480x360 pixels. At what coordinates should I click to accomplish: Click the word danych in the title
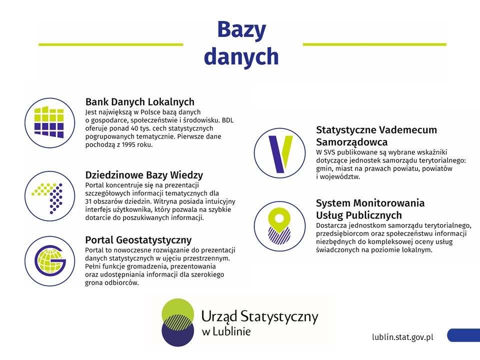coord(241,56)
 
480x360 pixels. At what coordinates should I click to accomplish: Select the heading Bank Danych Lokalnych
coord(139,102)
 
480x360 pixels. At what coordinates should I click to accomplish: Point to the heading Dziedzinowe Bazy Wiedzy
coord(144,175)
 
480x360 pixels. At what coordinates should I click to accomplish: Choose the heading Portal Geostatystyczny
coord(138,240)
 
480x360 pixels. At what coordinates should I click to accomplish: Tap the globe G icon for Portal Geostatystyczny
coord(49,261)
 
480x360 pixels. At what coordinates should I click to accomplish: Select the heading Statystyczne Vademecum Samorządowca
coord(376,135)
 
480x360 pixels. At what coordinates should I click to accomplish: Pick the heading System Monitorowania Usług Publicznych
coord(370,209)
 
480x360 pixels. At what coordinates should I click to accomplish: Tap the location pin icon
coord(279,226)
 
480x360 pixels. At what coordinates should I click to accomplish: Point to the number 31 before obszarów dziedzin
coord(89,201)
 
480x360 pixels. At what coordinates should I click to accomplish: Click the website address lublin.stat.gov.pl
coord(402,337)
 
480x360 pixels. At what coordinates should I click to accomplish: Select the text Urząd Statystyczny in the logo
coord(259,316)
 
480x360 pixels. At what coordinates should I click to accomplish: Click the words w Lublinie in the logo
coord(226,331)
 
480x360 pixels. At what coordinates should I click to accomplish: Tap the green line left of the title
coord(110,44)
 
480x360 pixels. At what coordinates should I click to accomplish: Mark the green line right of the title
coord(374,44)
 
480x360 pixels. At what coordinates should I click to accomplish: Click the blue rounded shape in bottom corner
coord(463,335)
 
